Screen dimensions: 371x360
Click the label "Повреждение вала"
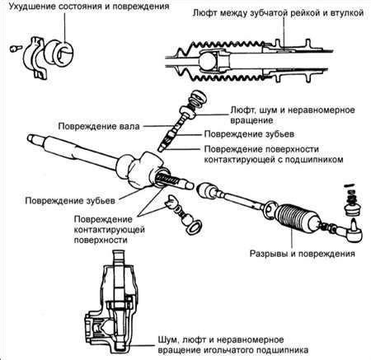[99, 127]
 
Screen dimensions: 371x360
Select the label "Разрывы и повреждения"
[302, 253]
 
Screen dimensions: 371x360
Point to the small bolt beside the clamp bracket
[15, 49]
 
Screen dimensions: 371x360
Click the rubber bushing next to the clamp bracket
[59, 52]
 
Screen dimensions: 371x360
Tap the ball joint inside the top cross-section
[207, 61]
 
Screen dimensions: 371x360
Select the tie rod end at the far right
[353, 230]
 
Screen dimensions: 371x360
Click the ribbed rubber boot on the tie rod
[297, 217]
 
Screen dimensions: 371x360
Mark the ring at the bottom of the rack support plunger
[194, 227]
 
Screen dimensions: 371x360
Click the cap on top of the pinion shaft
[198, 98]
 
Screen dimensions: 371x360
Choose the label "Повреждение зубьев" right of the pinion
[249, 134]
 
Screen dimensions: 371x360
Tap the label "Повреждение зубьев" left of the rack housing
[70, 200]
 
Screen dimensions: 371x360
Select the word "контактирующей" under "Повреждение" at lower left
[110, 230]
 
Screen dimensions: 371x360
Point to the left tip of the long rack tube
[28, 138]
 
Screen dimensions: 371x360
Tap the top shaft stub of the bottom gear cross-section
[120, 258]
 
